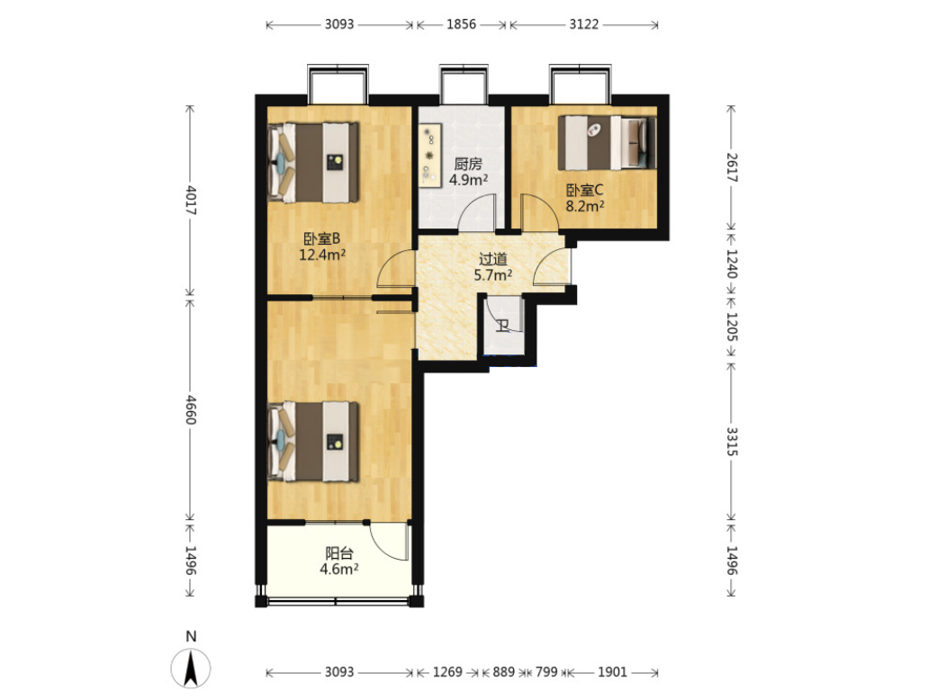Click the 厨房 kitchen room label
(468, 164)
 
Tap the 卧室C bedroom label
(584, 190)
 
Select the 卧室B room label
(321, 238)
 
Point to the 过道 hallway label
(493, 259)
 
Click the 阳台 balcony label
(339, 553)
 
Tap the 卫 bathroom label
(503, 325)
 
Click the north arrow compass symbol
(191, 669)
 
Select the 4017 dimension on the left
(191, 200)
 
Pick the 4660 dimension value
(191, 409)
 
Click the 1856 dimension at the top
(461, 24)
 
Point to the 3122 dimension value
(583, 24)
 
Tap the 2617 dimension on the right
(732, 167)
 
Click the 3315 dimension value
(732, 441)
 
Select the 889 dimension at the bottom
(503, 672)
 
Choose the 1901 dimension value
(612, 672)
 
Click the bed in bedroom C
(608, 142)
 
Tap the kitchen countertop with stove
(430, 155)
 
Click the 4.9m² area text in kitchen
(468, 179)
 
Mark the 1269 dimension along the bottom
(447, 672)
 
